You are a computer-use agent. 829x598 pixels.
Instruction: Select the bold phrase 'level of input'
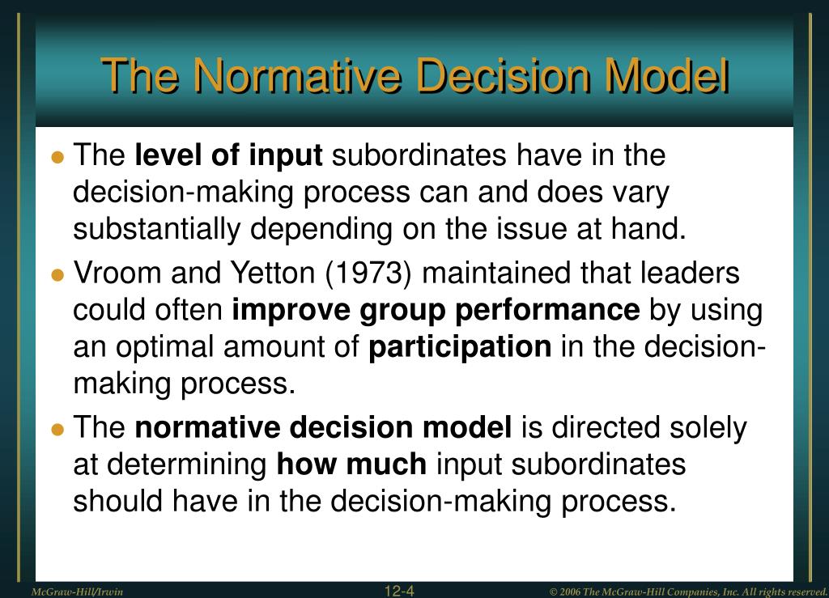point(228,155)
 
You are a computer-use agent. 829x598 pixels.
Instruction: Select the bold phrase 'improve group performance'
point(436,310)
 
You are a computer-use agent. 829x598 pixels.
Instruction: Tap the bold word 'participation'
point(460,346)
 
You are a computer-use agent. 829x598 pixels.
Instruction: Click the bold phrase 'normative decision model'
point(323,428)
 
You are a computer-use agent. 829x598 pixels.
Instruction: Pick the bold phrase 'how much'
point(351,464)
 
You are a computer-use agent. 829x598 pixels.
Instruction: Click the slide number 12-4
point(399,591)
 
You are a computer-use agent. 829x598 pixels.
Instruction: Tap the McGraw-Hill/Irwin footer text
point(77,592)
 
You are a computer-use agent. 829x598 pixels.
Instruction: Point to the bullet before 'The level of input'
point(57,157)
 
